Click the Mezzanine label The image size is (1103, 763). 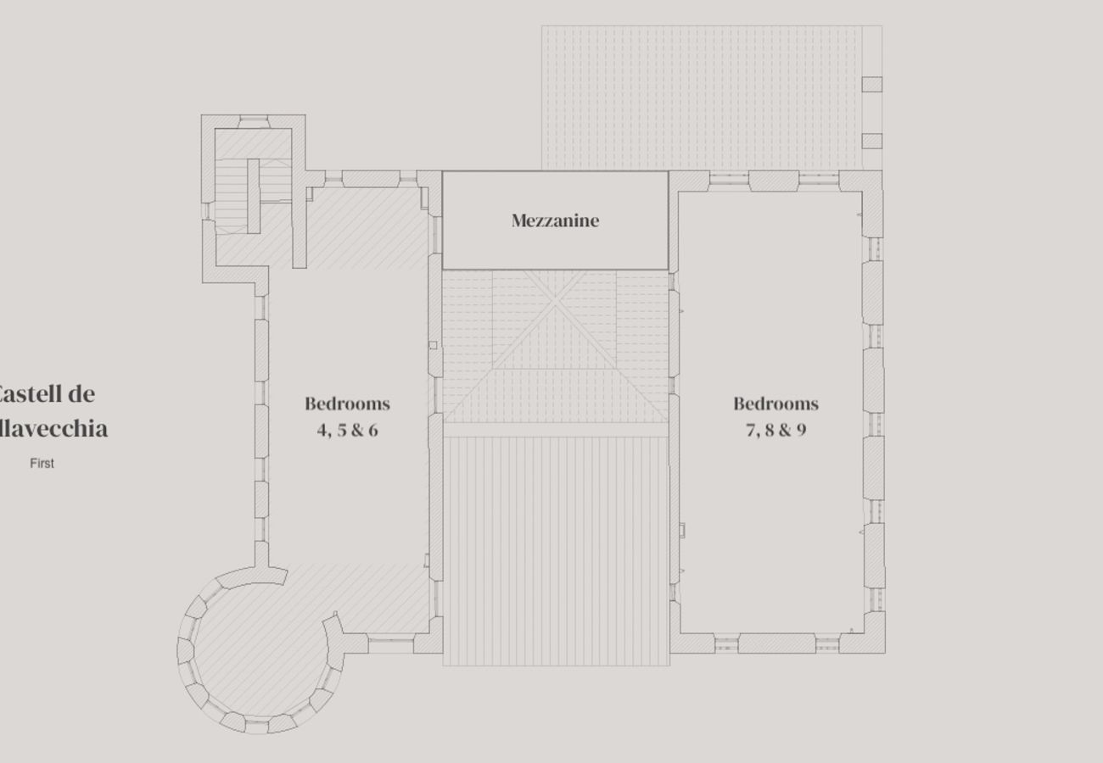(555, 220)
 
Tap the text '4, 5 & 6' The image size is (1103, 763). (347, 430)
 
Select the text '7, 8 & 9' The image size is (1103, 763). (775, 430)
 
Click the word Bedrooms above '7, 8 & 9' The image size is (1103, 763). (775, 404)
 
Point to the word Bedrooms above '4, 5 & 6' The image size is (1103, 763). (347, 404)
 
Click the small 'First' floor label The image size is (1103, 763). (42, 464)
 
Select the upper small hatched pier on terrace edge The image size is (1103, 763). (871, 84)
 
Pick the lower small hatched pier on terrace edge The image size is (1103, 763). (871, 142)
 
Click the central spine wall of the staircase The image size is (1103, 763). (253, 195)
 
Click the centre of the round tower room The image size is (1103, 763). (255, 649)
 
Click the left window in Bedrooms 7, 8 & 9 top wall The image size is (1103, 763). (728, 180)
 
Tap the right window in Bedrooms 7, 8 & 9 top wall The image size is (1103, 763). (818, 180)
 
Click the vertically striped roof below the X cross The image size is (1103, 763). (556, 551)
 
